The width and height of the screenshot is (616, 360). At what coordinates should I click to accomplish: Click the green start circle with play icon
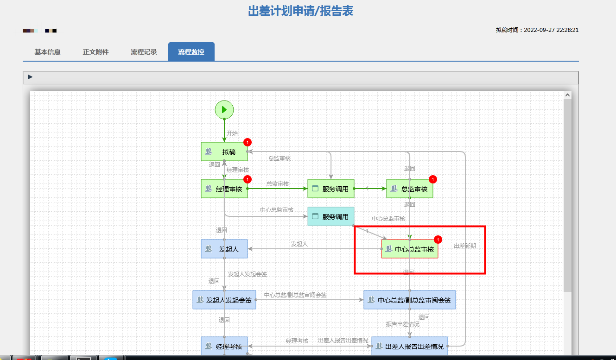click(x=224, y=110)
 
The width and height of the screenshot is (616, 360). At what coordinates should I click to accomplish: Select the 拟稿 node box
click(x=224, y=152)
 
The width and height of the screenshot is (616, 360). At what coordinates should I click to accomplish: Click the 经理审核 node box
click(x=224, y=189)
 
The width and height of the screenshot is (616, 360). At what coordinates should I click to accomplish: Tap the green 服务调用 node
click(x=331, y=189)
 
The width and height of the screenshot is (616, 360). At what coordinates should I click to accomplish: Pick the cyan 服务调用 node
click(x=331, y=216)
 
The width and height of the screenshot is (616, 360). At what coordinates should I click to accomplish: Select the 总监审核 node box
click(x=410, y=189)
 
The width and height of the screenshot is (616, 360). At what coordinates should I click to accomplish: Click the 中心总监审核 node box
click(x=410, y=249)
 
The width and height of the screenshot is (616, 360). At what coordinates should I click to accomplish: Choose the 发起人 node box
click(x=224, y=249)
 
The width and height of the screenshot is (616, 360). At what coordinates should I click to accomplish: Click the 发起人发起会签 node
click(x=224, y=300)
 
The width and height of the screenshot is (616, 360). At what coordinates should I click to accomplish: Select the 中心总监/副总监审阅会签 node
click(x=410, y=300)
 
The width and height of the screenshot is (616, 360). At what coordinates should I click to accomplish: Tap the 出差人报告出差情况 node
click(x=410, y=346)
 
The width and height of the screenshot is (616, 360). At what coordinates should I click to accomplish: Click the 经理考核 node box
click(x=224, y=346)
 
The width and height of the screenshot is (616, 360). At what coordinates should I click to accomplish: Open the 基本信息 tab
click(x=47, y=52)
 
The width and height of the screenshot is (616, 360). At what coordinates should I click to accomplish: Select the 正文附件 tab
click(x=96, y=52)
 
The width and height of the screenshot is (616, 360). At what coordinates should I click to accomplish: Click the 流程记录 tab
click(x=144, y=52)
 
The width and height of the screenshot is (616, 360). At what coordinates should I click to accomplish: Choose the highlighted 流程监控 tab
click(x=191, y=52)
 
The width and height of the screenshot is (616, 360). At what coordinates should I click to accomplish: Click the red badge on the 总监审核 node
click(x=433, y=179)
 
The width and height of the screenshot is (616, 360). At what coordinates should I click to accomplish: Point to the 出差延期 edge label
click(x=465, y=246)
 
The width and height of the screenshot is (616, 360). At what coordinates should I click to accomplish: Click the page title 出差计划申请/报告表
click(x=300, y=11)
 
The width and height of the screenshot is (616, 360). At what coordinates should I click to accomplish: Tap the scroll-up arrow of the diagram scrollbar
click(x=567, y=95)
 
